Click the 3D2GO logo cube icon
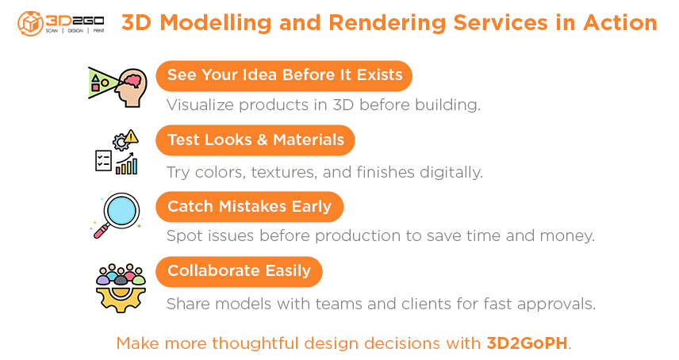pos(30,23)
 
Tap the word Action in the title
pos(620,22)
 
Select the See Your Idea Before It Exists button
pos(284,75)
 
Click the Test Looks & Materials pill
pos(255,140)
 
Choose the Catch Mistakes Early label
pos(249,206)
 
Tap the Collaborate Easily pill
pos(239,272)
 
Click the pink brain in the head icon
pos(132,79)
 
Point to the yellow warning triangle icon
pos(131,136)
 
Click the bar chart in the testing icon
pos(126,164)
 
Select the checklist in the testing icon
pos(103,160)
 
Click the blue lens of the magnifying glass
pos(122,210)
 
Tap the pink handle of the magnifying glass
pos(101,232)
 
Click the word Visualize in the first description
pos(200,105)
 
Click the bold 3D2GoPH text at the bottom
pos(527,343)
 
